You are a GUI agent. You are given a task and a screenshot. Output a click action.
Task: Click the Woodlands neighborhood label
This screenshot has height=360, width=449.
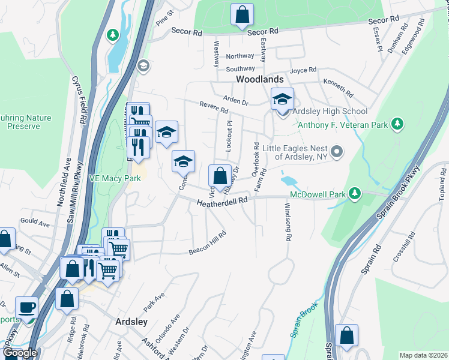tap(259, 79)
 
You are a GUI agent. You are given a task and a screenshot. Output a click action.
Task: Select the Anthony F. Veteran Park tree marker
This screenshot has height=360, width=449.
tap(396, 124)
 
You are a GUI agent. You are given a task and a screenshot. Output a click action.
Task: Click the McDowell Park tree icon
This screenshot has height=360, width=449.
tap(355, 193)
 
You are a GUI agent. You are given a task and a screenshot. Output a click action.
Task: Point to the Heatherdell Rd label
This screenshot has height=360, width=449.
tap(222, 205)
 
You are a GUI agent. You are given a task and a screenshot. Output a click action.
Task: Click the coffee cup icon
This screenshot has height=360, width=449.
tap(26, 308)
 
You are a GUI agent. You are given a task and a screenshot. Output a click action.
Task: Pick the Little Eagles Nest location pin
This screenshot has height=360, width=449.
tap(337, 151)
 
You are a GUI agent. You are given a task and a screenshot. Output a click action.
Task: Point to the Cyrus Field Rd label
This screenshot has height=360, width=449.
tap(80, 100)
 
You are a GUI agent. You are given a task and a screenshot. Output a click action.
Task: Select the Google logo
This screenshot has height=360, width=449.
tap(20, 353)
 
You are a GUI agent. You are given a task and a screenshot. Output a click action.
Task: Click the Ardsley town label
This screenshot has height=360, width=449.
tap(131, 322)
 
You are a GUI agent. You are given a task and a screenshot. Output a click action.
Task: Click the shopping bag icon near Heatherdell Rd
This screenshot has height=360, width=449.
tap(220, 176)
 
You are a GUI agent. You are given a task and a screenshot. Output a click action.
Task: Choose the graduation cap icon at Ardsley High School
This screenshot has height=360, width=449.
tap(282, 100)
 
